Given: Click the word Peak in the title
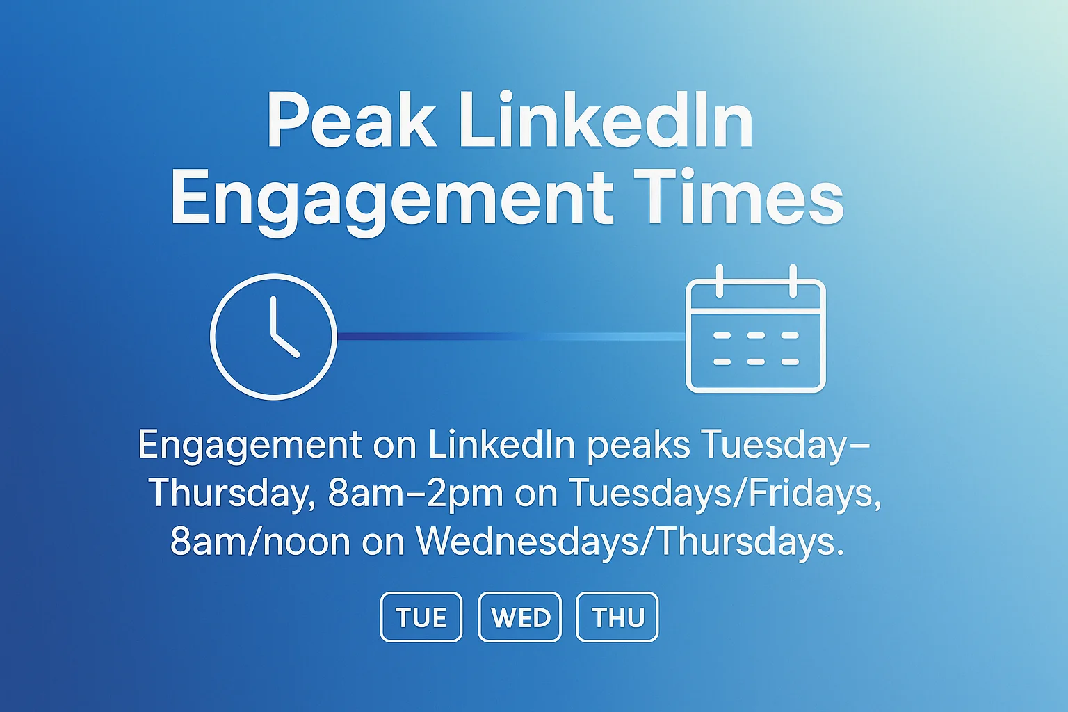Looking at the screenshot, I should click(x=351, y=122).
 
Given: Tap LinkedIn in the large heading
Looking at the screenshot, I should click(x=606, y=122).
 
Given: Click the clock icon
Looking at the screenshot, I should click(x=273, y=337).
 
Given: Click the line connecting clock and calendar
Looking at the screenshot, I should click(x=511, y=337).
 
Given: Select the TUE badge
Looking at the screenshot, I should click(x=421, y=617).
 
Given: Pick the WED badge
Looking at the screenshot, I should click(x=520, y=617).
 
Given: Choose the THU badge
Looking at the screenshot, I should click(x=617, y=617).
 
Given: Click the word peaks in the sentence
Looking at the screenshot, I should click(x=638, y=445).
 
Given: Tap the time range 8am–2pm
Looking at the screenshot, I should click(x=415, y=494).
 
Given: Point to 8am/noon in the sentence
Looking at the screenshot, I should click(x=260, y=541).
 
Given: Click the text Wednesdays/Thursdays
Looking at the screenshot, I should click(x=630, y=541).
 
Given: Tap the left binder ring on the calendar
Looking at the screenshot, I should click(x=720, y=280).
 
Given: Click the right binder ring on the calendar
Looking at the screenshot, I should click(x=793, y=280).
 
